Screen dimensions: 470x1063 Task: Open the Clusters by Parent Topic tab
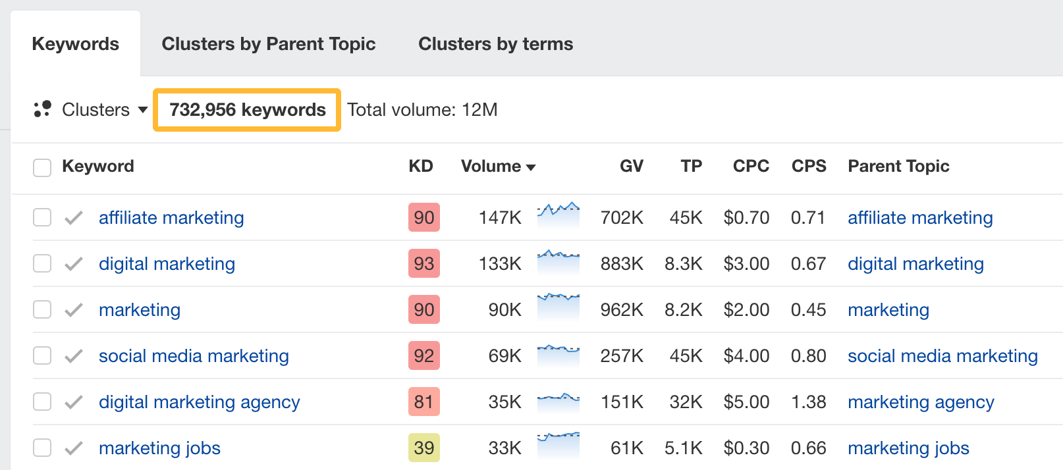(x=268, y=44)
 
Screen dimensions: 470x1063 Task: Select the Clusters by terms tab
(x=495, y=44)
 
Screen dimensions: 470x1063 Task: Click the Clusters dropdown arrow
(x=143, y=110)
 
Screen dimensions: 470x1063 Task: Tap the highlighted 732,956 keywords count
(x=247, y=110)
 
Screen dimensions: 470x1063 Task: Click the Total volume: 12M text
(x=422, y=110)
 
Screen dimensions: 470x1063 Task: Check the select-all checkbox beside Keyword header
(x=42, y=167)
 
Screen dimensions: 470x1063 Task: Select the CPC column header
(x=751, y=167)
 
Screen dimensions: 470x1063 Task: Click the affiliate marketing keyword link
(x=171, y=218)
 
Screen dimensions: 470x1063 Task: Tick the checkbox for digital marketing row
(x=42, y=264)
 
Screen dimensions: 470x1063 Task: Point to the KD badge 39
(x=423, y=448)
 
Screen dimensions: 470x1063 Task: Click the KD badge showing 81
(x=423, y=402)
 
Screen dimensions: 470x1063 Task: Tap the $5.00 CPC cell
(x=746, y=402)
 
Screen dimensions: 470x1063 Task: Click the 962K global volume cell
(x=622, y=310)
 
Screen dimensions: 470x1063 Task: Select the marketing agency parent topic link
(x=921, y=402)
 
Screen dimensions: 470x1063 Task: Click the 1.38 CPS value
(x=808, y=402)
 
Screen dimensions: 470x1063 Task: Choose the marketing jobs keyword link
(x=159, y=448)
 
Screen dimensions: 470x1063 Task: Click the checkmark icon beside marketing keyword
(x=74, y=310)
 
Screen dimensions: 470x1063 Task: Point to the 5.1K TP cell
(x=683, y=448)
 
